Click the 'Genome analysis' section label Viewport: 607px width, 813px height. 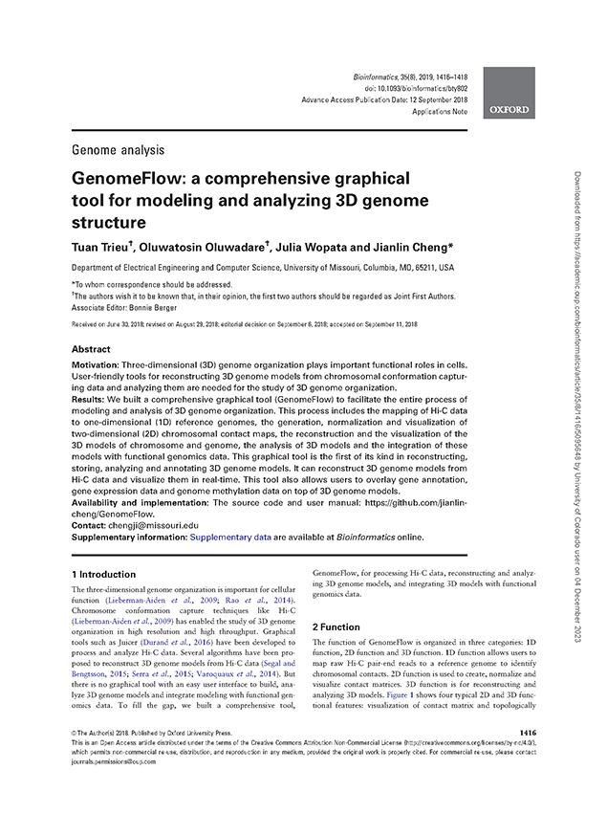[x=118, y=150]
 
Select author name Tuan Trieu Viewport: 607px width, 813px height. [x=101, y=247]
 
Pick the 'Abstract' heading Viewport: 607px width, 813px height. [x=91, y=350]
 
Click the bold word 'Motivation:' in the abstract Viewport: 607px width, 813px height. [x=100, y=367]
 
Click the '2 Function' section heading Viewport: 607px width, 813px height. [x=336, y=627]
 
